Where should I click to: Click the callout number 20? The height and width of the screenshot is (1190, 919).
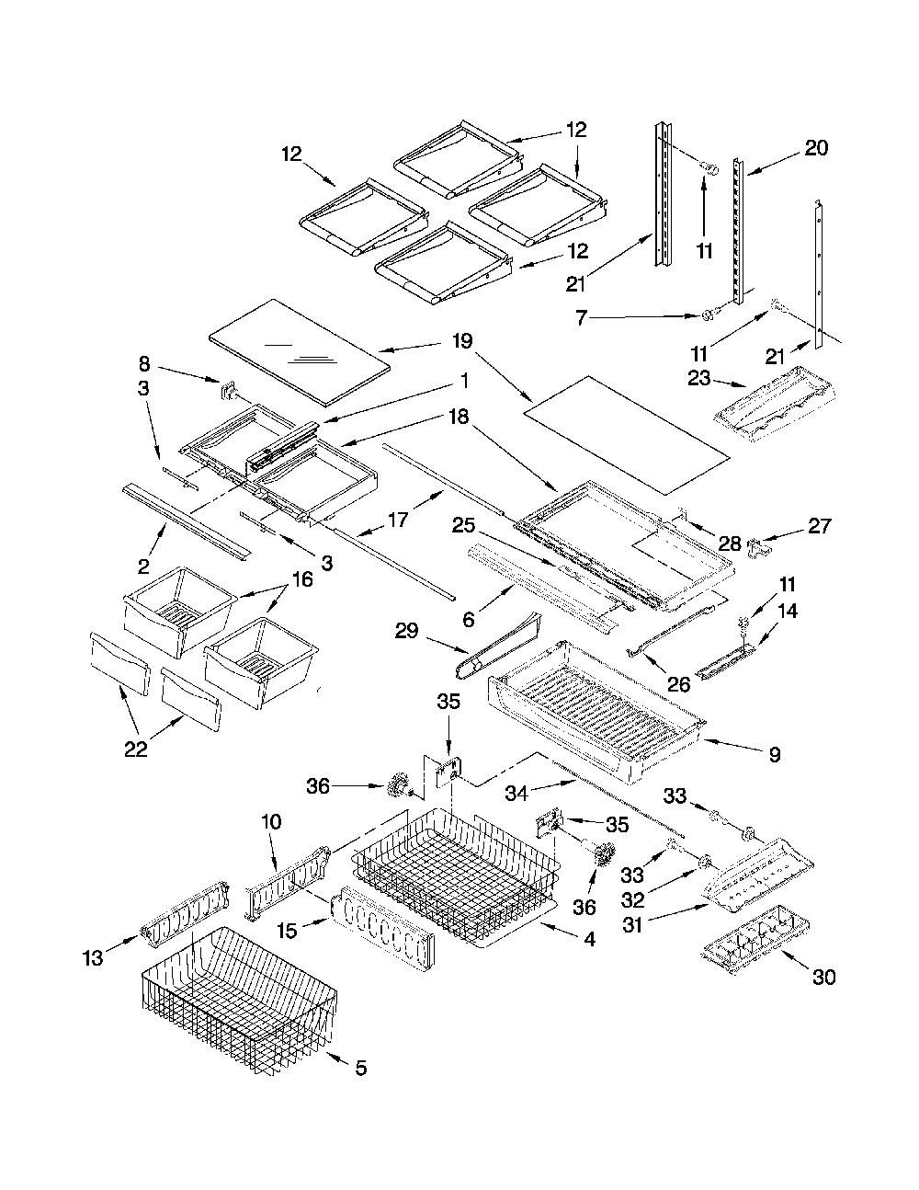click(816, 148)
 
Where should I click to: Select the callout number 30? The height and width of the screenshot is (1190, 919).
click(823, 977)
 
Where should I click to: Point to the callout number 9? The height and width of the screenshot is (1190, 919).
click(775, 755)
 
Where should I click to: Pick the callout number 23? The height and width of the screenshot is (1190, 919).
click(698, 378)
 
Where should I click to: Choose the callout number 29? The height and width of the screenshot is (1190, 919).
click(406, 631)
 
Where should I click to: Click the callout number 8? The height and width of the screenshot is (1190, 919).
click(143, 363)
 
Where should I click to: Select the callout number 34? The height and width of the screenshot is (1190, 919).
click(516, 793)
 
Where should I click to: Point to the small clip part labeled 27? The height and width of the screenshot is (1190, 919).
click(760, 547)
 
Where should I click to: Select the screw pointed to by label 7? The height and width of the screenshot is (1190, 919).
click(709, 315)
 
